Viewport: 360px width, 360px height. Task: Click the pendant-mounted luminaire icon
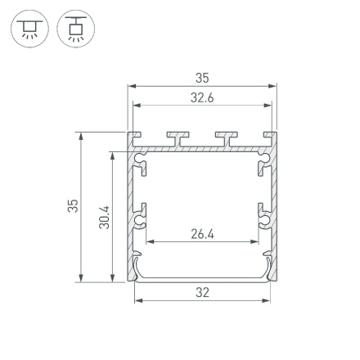click(x=76, y=29)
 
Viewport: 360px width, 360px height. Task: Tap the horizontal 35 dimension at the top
click(x=202, y=79)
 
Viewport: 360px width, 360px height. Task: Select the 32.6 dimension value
click(x=202, y=97)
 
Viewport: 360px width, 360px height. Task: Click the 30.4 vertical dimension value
click(x=104, y=216)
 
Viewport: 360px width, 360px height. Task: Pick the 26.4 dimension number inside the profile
click(x=202, y=234)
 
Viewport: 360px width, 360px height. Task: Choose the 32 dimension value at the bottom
click(x=202, y=292)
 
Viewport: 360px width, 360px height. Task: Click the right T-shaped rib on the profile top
click(x=226, y=137)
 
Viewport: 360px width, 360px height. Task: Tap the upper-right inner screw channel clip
click(x=262, y=167)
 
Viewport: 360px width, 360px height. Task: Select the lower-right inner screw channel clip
click(x=263, y=216)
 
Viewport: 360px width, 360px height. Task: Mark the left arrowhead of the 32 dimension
click(x=137, y=299)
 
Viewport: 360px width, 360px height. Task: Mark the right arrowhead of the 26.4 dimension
click(x=256, y=241)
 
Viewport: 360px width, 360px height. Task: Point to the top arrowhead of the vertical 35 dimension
click(x=80, y=136)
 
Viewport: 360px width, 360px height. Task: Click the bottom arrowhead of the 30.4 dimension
click(x=113, y=277)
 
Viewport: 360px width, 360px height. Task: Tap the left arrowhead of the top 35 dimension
click(x=133, y=86)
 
